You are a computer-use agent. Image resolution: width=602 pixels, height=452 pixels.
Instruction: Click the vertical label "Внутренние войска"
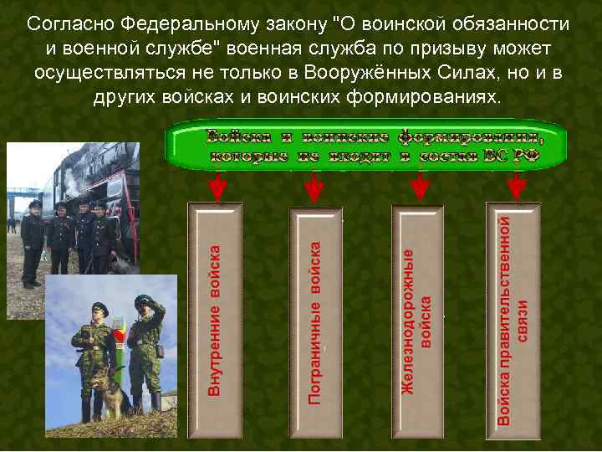point(216,320)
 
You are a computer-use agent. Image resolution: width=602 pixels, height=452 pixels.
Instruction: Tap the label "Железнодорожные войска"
point(417,321)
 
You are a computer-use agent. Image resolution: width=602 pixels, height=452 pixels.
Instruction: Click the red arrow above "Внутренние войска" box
point(217,187)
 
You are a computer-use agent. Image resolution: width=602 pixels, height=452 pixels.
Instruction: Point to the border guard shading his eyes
point(147,352)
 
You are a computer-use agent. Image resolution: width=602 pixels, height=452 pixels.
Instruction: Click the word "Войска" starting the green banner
point(237,136)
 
